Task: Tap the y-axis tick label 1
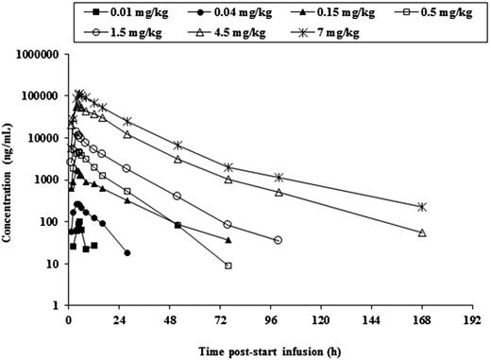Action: point(59,306)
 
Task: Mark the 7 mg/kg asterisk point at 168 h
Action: point(422,207)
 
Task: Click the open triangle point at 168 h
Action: point(422,232)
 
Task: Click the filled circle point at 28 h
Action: point(127,252)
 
